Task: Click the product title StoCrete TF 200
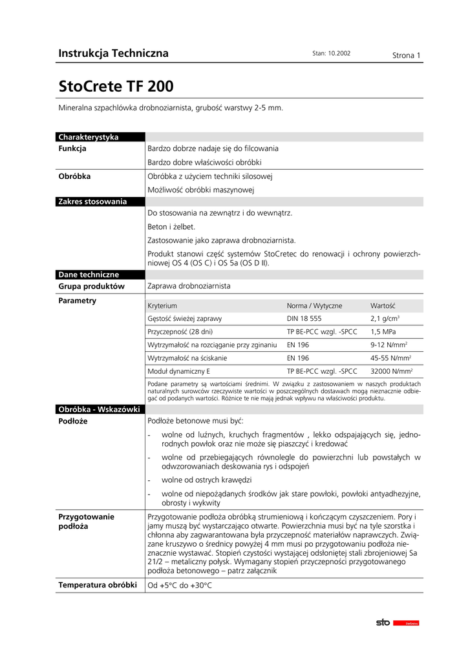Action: pyautogui.click(x=116, y=86)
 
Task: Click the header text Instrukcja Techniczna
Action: pyautogui.click(x=113, y=54)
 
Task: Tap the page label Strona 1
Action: pyautogui.click(x=407, y=56)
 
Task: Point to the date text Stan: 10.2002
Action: pyautogui.click(x=331, y=54)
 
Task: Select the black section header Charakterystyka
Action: pyautogui.click(x=89, y=137)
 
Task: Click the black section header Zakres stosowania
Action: pyautogui.click(x=92, y=201)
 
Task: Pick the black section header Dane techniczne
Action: pyautogui.click(x=89, y=274)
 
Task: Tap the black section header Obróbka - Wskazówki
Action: pyautogui.click(x=99, y=409)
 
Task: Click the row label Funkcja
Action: pyautogui.click(x=72, y=148)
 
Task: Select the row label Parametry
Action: pyautogui.click(x=77, y=301)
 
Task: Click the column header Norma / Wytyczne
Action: pyautogui.click(x=314, y=306)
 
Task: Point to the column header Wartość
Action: pyautogui.click(x=383, y=306)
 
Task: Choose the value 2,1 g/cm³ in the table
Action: pyautogui.click(x=385, y=319)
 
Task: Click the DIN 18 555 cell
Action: pyautogui.click(x=304, y=319)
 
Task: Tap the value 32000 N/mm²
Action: pyautogui.click(x=392, y=371)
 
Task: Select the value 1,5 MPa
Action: pyautogui.click(x=383, y=332)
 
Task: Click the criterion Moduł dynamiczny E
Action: pyautogui.click(x=179, y=371)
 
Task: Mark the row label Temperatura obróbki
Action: pyautogui.click(x=97, y=585)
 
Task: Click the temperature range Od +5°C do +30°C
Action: pyautogui.click(x=180, y=585)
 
